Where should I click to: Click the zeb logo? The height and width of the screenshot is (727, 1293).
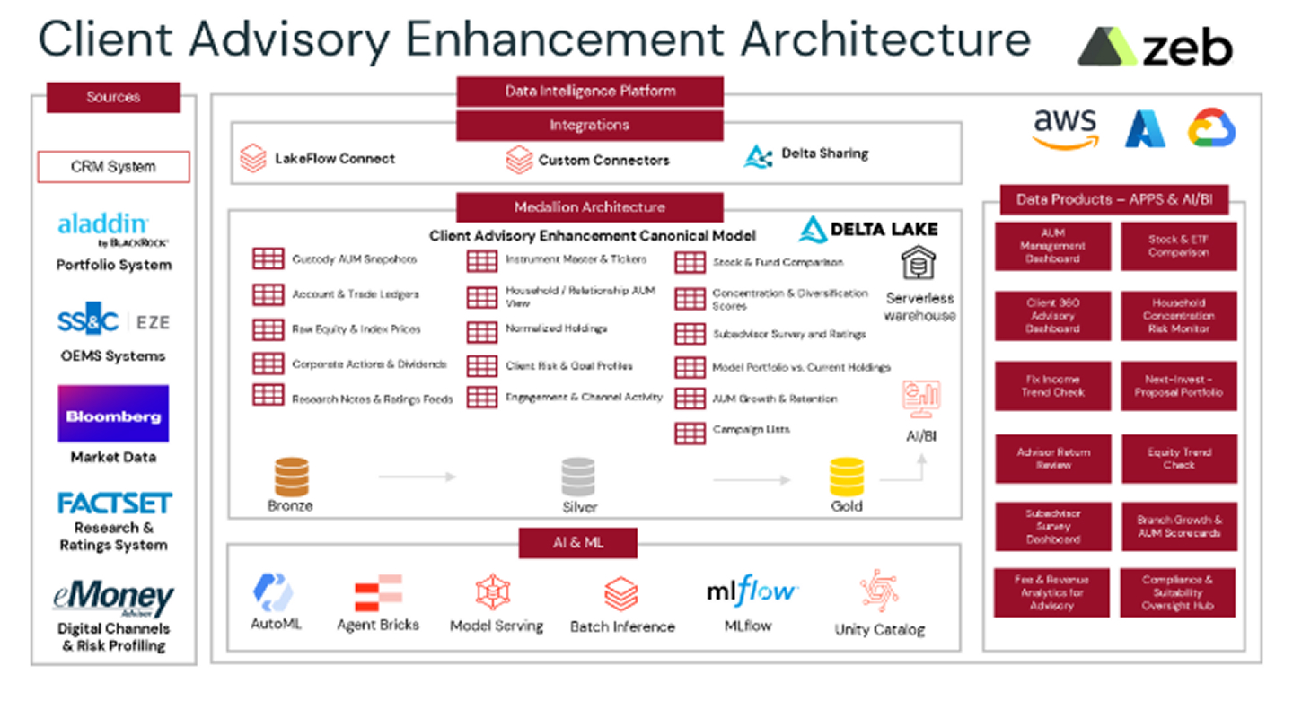(x=1155, y=47)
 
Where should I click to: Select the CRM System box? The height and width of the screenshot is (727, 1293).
(x=113, y=167)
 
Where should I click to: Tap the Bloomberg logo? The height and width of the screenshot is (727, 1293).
(x=113, y=415)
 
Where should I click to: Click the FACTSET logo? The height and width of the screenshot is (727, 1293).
(x=114, y=504)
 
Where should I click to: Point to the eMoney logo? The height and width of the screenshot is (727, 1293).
(x=113, y=599)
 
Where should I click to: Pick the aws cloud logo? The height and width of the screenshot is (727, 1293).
(x=1065, y=127)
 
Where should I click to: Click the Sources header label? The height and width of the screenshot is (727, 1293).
(x=113, y=97)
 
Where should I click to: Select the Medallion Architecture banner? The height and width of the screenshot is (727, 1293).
(x=589, y=207)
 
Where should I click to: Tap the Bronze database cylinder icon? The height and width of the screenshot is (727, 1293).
(x=291, y=477)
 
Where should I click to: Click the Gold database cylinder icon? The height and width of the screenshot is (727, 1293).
(x=846, y=477)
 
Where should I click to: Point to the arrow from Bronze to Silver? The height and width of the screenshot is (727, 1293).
(x=417, y=477)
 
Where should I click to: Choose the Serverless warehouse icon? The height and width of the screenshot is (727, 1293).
(x=919, y=265)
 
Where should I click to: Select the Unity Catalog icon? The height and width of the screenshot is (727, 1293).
(x=879, y=591)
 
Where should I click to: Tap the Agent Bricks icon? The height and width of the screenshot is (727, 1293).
(x=378, y=593)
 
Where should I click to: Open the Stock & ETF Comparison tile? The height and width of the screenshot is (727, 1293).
(x=1178, y=246)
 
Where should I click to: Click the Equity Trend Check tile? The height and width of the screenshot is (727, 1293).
(x=1178, y=459)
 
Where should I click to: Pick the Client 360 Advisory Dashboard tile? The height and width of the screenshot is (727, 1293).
(x=1052, y=316)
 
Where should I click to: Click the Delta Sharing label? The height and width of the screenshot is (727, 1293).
(x=824, y=153)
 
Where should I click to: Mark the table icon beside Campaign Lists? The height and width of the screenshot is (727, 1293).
(x=690, y=433)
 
